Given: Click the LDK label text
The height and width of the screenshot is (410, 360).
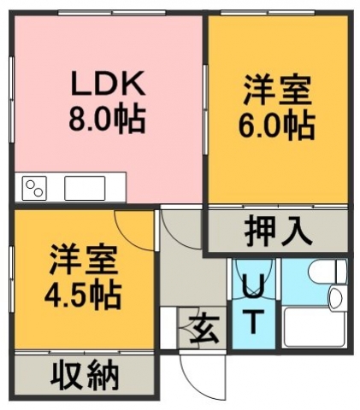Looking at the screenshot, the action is (109, 83).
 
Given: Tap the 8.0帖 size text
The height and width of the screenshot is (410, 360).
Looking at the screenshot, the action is (107, 119).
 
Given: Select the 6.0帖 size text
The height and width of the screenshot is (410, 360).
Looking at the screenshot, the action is (276, 126).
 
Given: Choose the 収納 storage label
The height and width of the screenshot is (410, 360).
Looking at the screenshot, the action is (85, 378).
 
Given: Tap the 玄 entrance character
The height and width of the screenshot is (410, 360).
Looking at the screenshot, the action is (204, 329).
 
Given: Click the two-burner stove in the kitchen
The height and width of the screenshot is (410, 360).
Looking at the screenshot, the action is (34, 188).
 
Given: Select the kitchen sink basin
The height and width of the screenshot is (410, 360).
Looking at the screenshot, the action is (85, 188).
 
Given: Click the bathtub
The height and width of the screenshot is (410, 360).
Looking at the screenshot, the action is (315, 327).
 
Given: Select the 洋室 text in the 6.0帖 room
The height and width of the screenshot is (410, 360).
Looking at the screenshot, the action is (276, 91).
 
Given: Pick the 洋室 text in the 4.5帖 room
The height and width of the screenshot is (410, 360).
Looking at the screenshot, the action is (83, 260).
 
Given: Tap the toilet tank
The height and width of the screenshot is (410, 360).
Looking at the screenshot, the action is (341, 272).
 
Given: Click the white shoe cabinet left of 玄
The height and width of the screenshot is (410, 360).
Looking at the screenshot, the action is (168, 328).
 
